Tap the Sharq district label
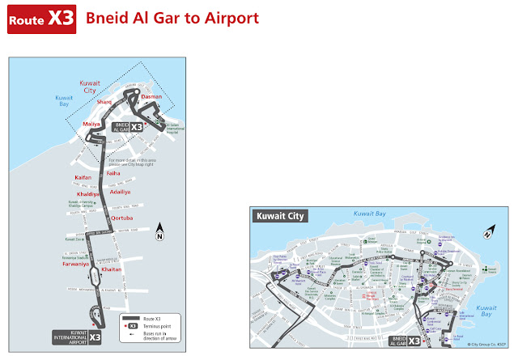104,102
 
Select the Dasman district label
151,96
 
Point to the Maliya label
91,124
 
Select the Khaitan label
113,269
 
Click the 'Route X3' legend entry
150,319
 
